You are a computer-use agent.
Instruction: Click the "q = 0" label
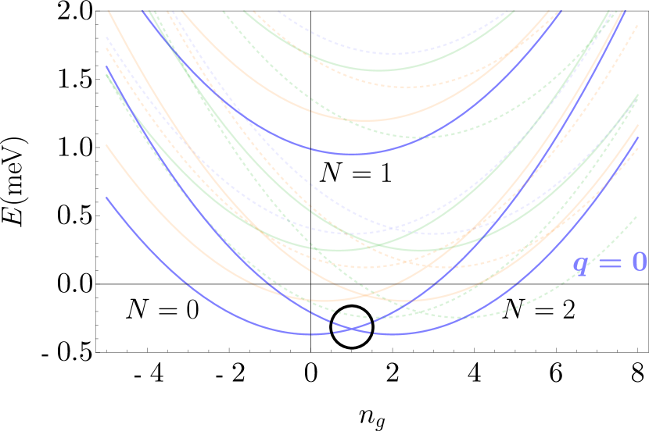[610, 263]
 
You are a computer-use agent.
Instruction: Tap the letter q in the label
[580, 264]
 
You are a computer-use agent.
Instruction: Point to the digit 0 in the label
[639, 262]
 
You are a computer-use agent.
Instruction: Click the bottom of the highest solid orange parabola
[365, 120]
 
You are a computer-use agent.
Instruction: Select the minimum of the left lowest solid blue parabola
[313, 334]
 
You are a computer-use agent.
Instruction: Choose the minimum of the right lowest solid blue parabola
[391, 334]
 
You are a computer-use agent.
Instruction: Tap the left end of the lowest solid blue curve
[106, 198]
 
